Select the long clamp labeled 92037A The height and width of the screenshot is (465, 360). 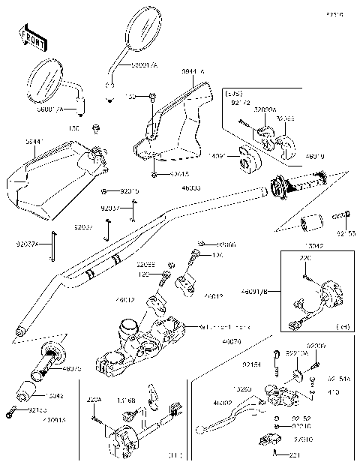point(53,247)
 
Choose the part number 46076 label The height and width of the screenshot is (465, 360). point(222,341)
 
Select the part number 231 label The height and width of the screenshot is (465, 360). point(295,454)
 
